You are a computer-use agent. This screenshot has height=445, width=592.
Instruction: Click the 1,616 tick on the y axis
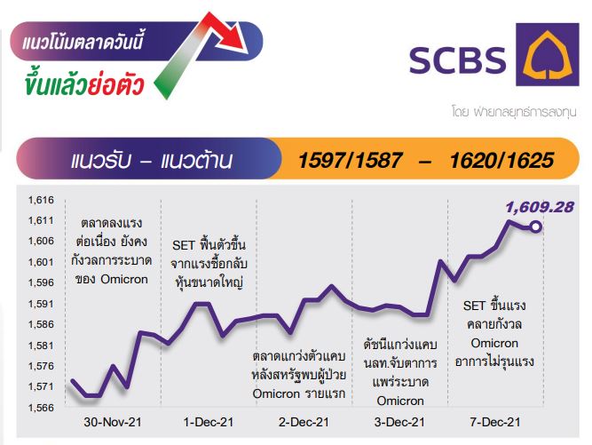pyautogui.click(x=41, y=200)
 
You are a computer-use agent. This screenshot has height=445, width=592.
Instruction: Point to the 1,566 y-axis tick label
pyautogui.click(x=41, y=408)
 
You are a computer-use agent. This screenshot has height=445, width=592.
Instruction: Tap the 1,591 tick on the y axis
pyautogui.click(x=41, y=304)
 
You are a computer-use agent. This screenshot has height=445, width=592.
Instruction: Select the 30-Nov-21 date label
pyautogui.click(x=113, y=422)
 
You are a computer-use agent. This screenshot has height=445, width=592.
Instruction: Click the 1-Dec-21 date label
pyautogui.click(x=209, y=422)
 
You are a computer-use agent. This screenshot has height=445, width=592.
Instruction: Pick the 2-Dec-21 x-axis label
pyautogui.click(x=304, y=422)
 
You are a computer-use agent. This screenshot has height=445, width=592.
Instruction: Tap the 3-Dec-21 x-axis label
pyautogui.click(x=399, y=422)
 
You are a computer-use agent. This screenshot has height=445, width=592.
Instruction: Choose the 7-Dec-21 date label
pyautogui.click(x=495, y=422)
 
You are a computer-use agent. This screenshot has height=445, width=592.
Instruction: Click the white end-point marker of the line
pyautogui.click(x=535, y=226)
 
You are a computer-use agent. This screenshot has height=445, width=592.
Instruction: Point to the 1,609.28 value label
pyautogui.click(x=540, y=207)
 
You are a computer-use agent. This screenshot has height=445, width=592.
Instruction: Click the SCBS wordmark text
pyautogui.click(x=458, y=60)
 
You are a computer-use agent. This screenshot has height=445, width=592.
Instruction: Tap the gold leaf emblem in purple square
pyautogui.click(x=548, y=53)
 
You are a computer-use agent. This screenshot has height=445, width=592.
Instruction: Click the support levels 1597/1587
pyautogui.click(x=350, y=160)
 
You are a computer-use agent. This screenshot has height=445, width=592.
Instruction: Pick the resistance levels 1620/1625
pyautogui.click(x=501, y=160)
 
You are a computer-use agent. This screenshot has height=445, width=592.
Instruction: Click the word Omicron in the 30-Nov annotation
pyautogui.click(x=124, y=279)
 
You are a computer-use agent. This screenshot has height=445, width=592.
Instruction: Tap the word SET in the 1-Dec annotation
pyautogui.click(x=183, y=245)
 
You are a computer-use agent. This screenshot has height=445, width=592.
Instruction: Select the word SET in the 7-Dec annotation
pyautogui.click(x=474, y=306)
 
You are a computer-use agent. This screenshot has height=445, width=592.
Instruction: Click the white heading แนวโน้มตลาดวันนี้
pyautogui.click(x=83, y=41)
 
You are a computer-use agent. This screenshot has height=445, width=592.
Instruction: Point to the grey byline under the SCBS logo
pyautogui.click(x=514, y=112)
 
